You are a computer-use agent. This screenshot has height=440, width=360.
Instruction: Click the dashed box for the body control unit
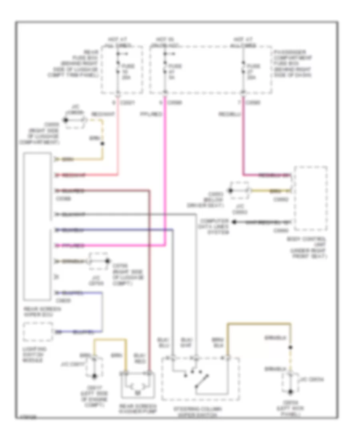[310, 199]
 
